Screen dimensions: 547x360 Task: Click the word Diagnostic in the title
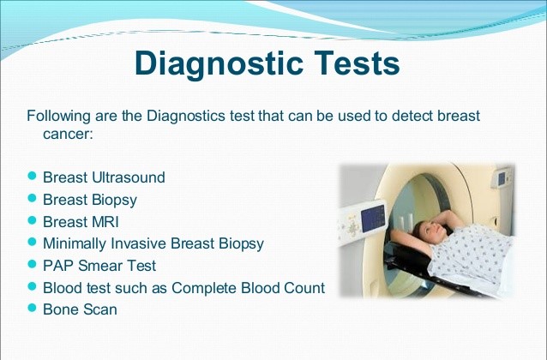coord(219,63)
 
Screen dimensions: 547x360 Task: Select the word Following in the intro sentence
coord(58,117)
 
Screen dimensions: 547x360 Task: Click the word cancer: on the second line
coord(68,135)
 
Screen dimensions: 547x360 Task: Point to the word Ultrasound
coord(129,177)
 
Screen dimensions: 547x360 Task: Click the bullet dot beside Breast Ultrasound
coord(32,176)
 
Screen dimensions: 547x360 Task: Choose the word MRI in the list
coord(105,222)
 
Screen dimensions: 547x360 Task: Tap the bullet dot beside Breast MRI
coord(32,220)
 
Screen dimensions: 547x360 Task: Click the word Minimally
coord(74,243)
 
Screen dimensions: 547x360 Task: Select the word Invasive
coord(139,243)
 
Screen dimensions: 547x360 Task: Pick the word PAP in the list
coord(58,266)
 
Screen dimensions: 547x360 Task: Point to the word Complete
coord(204,288)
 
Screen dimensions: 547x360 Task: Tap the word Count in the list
coord(304,288)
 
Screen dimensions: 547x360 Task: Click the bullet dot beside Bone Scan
coord(32,308)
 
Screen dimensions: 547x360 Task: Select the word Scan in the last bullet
coord(100,309)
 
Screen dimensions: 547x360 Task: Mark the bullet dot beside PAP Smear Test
coord(32,264)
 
